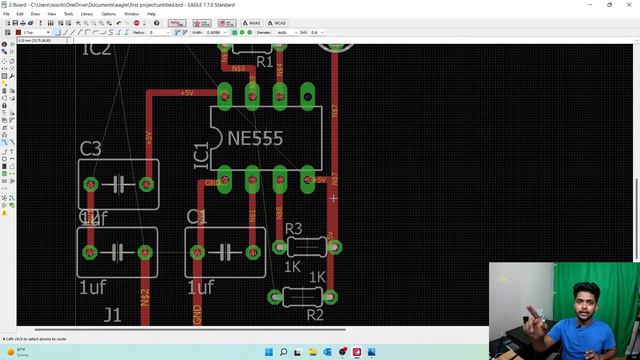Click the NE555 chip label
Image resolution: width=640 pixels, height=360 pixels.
tap(255, 139)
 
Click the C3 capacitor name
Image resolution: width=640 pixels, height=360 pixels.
tap(90, 149)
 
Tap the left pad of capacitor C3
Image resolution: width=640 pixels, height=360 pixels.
tap(90, 184)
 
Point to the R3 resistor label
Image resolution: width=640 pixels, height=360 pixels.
tap(293, 230)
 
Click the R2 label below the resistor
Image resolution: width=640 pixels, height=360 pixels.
tap(315, 314)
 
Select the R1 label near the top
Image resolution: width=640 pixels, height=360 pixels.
tap(264, 62)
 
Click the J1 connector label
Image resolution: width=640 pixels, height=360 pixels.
tap(112, 315)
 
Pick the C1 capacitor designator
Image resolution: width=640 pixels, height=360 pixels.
tap(197, 217)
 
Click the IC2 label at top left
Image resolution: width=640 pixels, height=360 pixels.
tap(96, 49)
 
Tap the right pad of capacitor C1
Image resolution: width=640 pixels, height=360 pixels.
tap(252, 252)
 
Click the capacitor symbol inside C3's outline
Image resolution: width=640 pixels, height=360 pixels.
tap(118, 184)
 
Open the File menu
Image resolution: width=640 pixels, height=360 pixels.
tap(6, 14)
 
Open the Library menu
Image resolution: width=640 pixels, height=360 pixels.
tap(87, 14)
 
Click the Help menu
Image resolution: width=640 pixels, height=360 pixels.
tap(151, 14)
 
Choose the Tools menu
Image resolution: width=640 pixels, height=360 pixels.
tap(68, 14)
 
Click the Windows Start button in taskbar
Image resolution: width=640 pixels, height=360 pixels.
tap(268, 352)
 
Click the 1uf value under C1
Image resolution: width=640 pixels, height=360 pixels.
tap(200, 288)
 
